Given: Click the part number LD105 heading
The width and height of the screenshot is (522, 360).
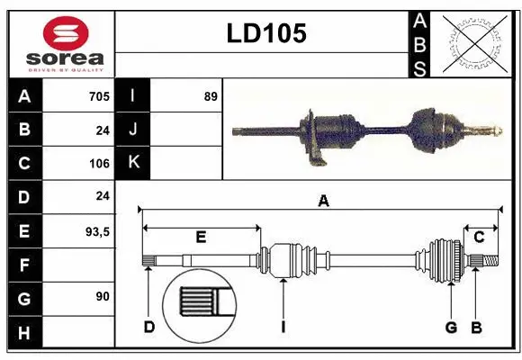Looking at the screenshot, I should click(266, 33).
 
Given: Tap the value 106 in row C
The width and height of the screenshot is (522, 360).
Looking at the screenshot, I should click(99, 164).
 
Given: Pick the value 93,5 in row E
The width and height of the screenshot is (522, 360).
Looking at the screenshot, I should click(96, 231).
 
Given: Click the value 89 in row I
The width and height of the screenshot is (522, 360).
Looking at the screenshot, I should click(211, 96).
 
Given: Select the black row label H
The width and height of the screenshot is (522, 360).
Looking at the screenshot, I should click(23, 332).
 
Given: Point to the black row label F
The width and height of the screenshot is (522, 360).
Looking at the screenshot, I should click(23, 265).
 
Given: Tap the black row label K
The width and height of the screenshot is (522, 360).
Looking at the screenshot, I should click(133, 163).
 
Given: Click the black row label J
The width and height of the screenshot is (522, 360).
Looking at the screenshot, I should click(133, 130).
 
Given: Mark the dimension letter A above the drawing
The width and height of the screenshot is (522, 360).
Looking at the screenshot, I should click(323, 202).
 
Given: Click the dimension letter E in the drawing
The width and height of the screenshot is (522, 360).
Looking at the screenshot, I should click(201, 238).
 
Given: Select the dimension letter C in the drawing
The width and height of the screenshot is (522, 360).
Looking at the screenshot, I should click(479, 237).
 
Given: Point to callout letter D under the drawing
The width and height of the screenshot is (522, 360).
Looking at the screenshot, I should click(149, 327).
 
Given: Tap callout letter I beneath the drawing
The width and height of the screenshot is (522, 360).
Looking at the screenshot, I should click(283, 327).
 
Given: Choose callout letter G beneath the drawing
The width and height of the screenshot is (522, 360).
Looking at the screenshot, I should click(451, 327).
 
